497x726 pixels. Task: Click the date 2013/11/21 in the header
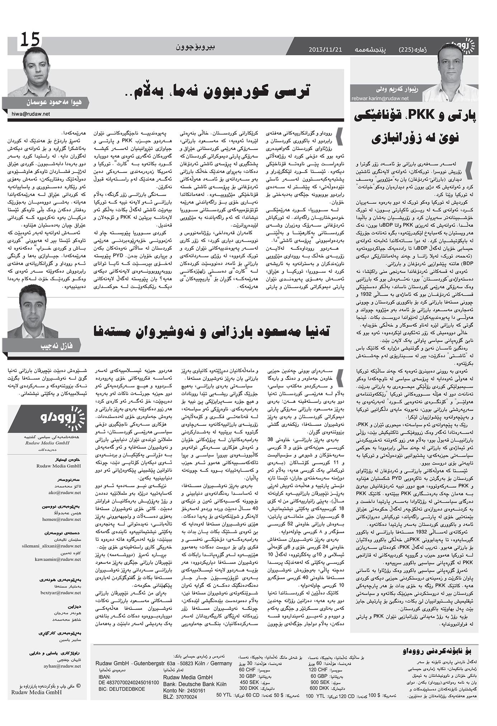pos(325,49)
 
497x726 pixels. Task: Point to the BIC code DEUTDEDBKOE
pos(122,689)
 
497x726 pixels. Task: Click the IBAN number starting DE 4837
pos(128,683)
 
